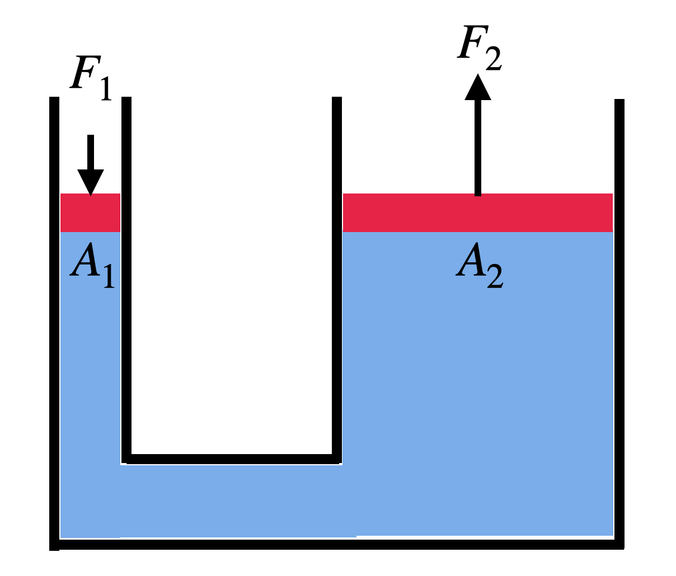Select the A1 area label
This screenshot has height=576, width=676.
92,266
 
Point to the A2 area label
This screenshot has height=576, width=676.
479,265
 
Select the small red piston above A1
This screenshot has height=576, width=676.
90,213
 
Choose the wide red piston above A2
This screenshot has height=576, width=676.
477,213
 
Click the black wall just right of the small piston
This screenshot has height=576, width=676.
126,280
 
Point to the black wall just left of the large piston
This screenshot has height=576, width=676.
336,280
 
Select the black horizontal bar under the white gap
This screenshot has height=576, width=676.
231,459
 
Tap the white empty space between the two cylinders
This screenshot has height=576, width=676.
232,280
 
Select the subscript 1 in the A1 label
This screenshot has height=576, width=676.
109,277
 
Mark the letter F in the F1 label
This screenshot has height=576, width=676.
83,72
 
